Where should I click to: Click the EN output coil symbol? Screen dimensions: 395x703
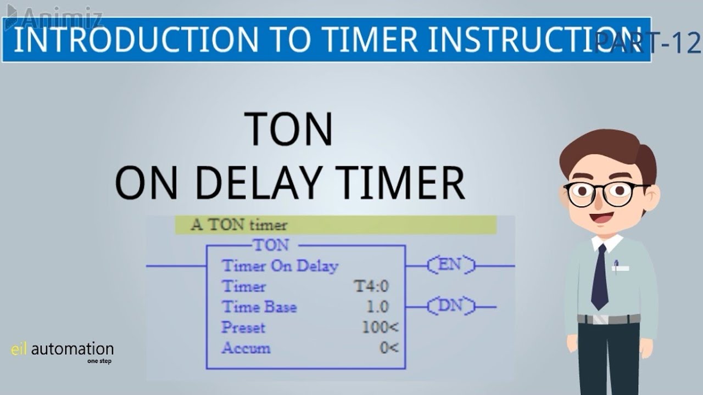(450, 266)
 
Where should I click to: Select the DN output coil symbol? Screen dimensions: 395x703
(451, 306)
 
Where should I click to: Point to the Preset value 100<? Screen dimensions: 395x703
(380, 328)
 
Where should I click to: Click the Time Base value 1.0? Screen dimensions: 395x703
(377, 307)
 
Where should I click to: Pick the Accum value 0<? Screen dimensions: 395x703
(389, 348)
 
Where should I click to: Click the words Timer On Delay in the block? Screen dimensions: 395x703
(280, 266)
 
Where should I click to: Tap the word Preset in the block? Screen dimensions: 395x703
(243, 328)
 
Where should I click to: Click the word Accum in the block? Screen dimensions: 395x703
(246, 348)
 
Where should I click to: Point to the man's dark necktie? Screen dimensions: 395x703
(600, 277)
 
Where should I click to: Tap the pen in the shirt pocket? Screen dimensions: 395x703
(616, 266)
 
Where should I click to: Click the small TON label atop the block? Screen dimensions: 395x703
(271, 245)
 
